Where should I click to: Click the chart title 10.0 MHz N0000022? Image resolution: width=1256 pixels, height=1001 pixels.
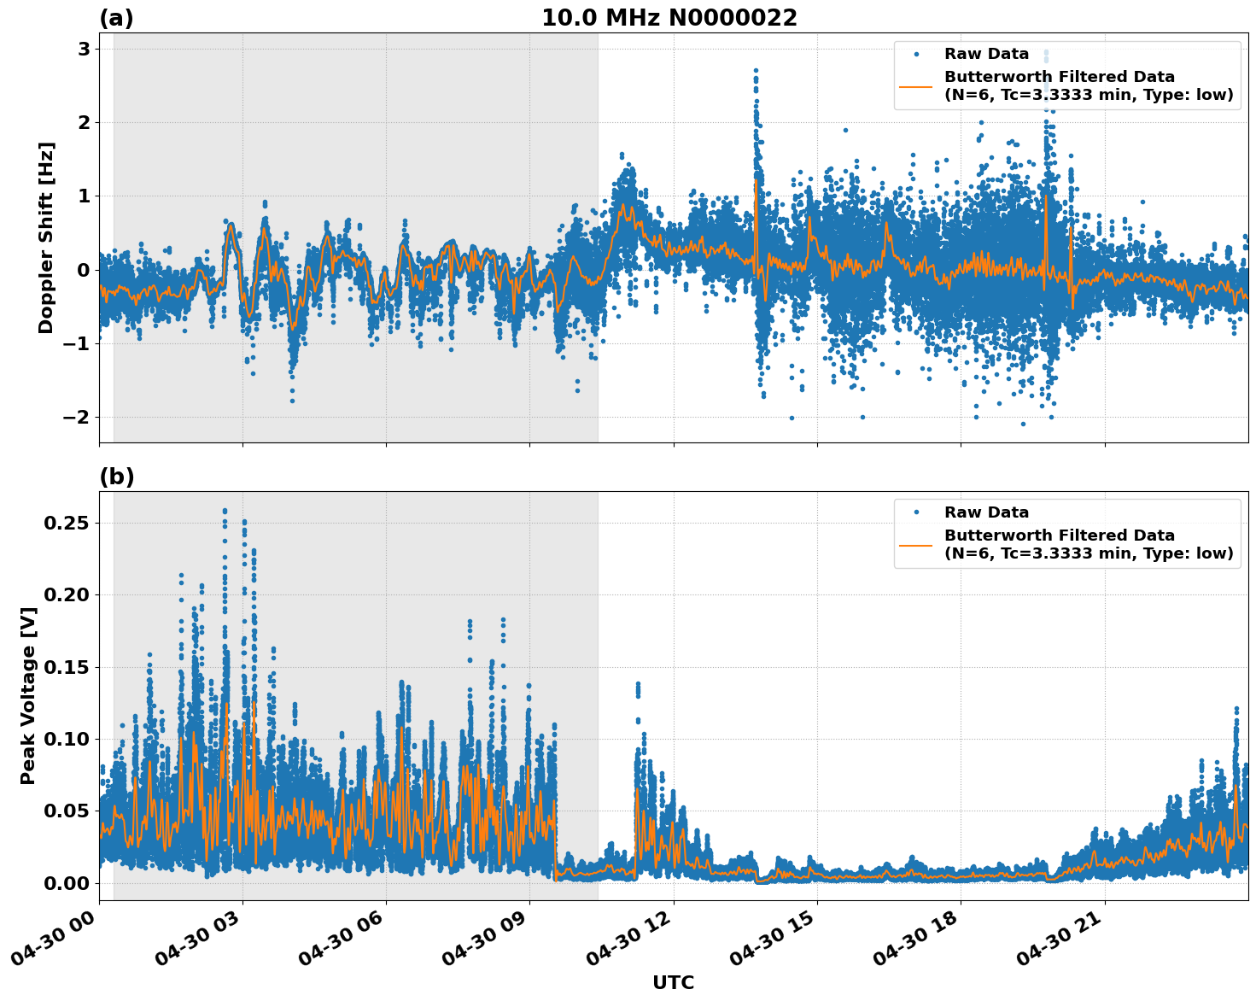pos(669,18)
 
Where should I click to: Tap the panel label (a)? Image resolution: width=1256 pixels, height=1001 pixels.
pos(116,18)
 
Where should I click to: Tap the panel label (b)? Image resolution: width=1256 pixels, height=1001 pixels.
pos(116,477)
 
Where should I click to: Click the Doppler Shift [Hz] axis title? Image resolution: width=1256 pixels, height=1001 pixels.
pos(46,237)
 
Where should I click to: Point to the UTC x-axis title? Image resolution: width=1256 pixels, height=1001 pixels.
pos(673,982)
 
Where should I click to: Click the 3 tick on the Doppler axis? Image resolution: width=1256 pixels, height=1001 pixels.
pos(84,49)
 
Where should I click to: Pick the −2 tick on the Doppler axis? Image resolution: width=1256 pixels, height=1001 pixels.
pos(77,417)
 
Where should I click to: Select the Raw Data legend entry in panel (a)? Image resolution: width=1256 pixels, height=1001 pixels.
pos(986,54)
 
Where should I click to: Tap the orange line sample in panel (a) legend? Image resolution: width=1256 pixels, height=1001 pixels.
pos(915,85)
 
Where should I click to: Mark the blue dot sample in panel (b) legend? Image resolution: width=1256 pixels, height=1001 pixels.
pos(916,512)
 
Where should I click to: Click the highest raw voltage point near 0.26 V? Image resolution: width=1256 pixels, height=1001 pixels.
pos(225,511)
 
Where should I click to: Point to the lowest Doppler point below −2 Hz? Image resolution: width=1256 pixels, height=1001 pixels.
pos(1023,424)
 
